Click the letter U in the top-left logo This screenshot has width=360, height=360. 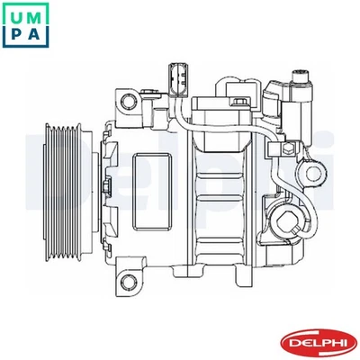[x=15, y=13]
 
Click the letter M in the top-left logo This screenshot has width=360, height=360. [x=35, y=13]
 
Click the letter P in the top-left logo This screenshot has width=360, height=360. [x=15, y=34]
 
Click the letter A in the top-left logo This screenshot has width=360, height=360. [x=35, y=34]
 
